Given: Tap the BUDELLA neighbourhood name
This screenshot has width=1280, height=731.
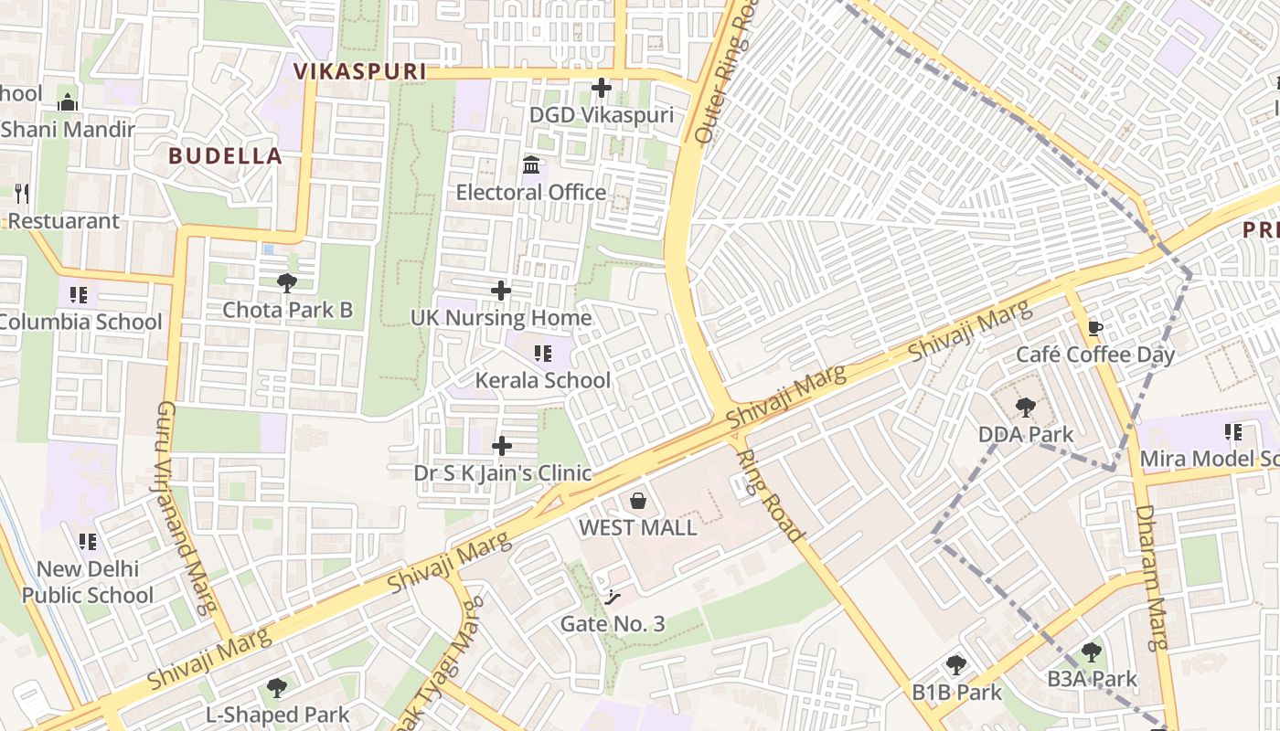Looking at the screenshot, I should [225, 155].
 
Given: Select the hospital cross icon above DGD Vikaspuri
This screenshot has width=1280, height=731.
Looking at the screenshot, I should [602, 88].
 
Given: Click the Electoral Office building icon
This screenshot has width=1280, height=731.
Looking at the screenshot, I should [530, 165].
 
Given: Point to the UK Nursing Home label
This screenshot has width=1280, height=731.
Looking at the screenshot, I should [501, 318].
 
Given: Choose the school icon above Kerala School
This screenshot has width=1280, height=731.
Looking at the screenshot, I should [543, 354].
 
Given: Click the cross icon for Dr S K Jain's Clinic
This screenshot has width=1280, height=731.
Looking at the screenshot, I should [502, 446].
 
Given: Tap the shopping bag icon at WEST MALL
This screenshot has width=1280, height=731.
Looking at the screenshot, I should [638, 501].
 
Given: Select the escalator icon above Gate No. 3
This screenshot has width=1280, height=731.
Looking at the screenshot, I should [613, 598].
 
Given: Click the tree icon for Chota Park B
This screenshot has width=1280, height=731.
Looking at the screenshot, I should [287, 282].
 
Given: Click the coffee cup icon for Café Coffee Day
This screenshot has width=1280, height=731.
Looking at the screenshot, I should [1095, 328].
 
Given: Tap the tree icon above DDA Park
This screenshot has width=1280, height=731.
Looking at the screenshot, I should [1026, 408].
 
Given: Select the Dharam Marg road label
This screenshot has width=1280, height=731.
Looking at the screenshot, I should [1152, 576].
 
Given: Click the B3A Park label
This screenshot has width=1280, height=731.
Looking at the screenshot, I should [1092, 679].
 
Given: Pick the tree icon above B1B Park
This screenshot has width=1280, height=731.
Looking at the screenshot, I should [956, 665].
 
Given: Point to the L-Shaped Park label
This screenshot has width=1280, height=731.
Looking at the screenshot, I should [277, 715].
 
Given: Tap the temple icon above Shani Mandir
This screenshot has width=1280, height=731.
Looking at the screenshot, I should [68, 101].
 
